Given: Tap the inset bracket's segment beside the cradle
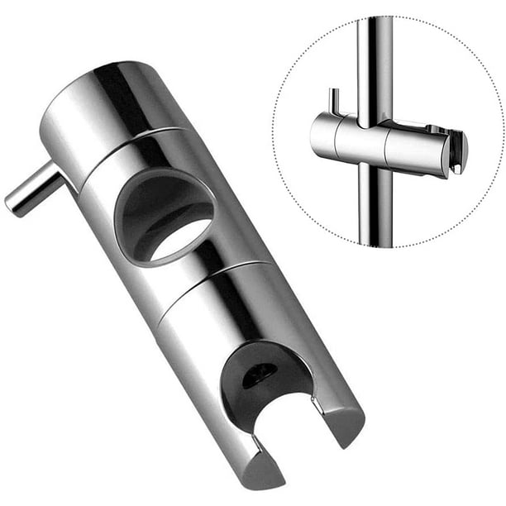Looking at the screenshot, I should point(413,149).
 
